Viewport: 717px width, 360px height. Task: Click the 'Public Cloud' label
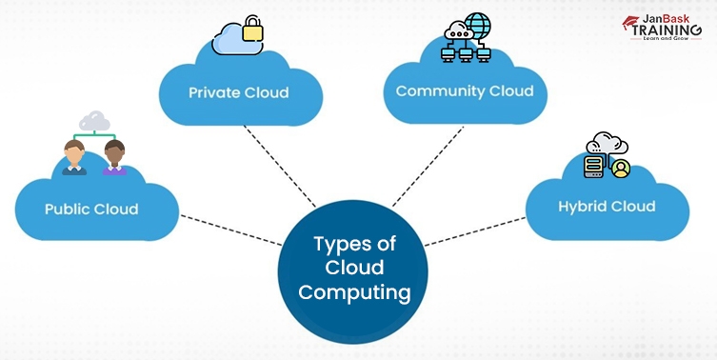[90, 210]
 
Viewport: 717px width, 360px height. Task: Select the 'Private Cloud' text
[237, 93]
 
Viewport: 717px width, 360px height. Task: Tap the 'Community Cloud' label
[458, 91]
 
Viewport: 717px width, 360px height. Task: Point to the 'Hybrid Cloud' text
[607, 206]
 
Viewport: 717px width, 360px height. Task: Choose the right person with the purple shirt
[114, 157]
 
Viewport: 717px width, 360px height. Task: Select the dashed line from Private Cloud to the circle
[281, 166]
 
